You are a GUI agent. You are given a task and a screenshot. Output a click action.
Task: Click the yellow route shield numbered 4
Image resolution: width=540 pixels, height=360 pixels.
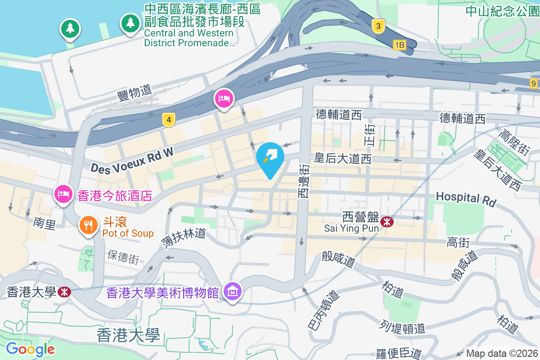(169, 120)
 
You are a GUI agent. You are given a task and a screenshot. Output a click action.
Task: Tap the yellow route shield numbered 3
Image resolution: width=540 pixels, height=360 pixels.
(378, 27)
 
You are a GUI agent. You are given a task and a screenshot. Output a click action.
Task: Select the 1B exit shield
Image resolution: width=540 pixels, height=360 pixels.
(399, 45)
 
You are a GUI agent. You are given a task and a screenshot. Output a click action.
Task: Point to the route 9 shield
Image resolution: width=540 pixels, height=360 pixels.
(534, 83)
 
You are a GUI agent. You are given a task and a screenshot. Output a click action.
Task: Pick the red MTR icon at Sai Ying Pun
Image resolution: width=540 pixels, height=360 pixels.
(386, 222)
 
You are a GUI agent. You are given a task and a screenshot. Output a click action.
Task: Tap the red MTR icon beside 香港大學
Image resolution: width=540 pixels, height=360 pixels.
(64, 292)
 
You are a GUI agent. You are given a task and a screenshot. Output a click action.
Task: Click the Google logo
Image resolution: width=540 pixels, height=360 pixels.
(31, 349)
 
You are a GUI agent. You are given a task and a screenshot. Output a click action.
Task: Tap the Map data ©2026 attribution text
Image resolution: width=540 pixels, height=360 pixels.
(502, 353)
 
